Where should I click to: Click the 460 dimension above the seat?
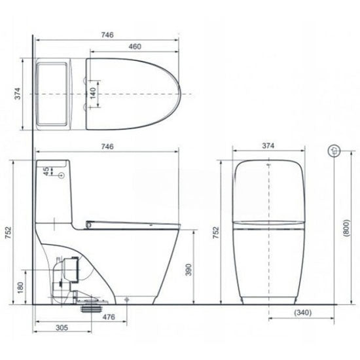pos(134,47)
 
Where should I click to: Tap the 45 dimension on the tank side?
pos(45,171)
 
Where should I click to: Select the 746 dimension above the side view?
pos(105,147)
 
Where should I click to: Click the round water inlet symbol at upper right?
pos(334,150)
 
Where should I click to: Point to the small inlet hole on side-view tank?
pos(62,176)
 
